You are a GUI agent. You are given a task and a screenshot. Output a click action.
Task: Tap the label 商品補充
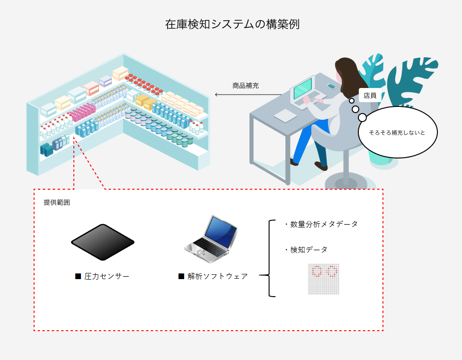tap(245, 86)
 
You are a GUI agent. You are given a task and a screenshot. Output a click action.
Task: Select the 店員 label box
tap(370, 95)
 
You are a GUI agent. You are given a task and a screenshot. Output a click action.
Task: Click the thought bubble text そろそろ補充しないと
tap(397, 132)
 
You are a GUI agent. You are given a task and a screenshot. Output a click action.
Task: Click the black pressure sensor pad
tap(103, 242)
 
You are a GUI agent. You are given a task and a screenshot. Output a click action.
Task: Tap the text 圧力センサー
tap(107, 276)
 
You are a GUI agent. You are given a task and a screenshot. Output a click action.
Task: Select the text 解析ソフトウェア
tap(217, 276)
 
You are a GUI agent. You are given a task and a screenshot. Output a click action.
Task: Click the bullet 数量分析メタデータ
tap(324, 224)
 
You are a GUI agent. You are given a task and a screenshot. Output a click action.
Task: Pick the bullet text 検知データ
tap(309, 250)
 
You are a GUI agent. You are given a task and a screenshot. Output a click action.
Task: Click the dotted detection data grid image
tap(324, 279)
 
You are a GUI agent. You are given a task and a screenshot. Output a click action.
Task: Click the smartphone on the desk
tap(331, 86)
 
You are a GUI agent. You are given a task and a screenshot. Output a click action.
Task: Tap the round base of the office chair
tap(346, 181)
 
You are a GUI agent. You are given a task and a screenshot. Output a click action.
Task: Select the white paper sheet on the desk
tap(285, 115)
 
